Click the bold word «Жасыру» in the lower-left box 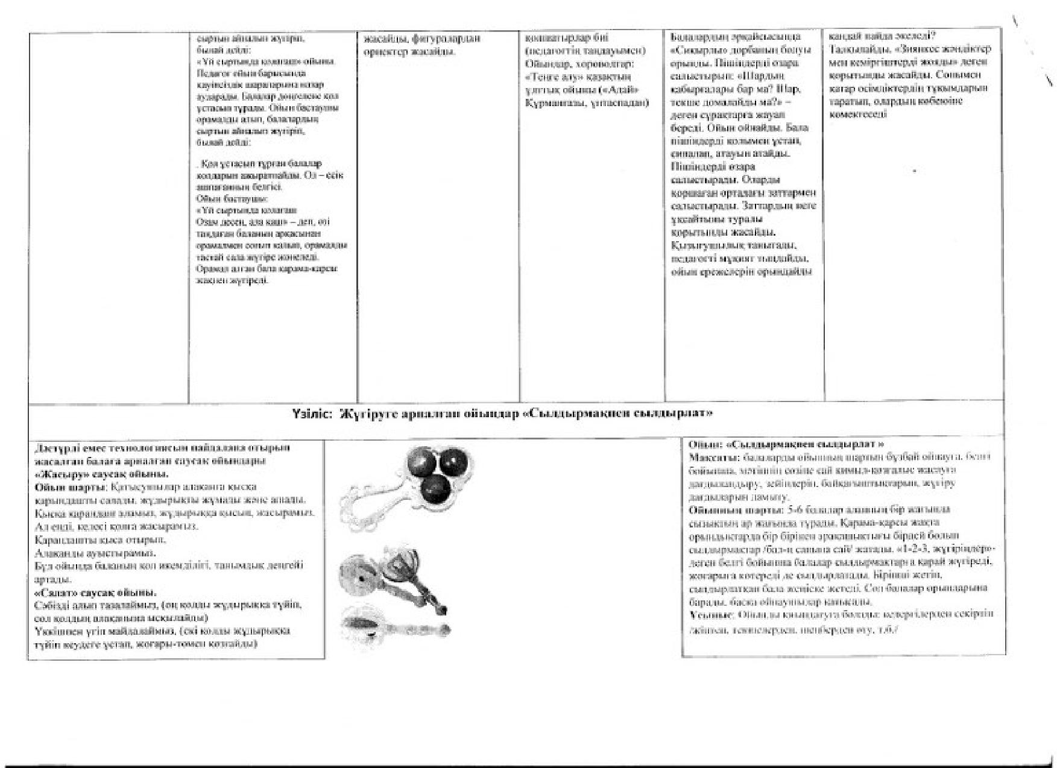click(58, 473)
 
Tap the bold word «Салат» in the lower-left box click(55, 592)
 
